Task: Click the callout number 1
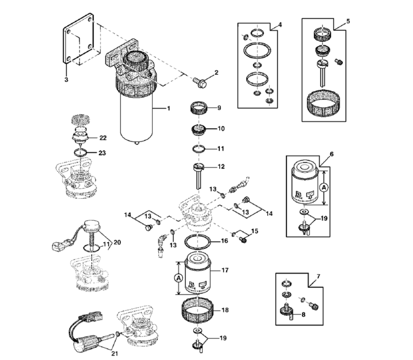click(x=168, y=109)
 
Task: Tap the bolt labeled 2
click(x=199, y=83)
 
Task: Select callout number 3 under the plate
click(x=66, y=80)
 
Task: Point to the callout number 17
click(x=225, y=270)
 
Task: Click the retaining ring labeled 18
click(x=199, y=312)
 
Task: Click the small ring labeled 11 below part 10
click(x=199, y=149)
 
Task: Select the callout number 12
click(x=221, y=167)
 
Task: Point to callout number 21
click(x=115, y=354)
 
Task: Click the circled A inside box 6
click(x=324, y=188)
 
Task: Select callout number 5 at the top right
click(x=348, y=21)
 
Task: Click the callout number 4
click(x=280, y=25)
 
